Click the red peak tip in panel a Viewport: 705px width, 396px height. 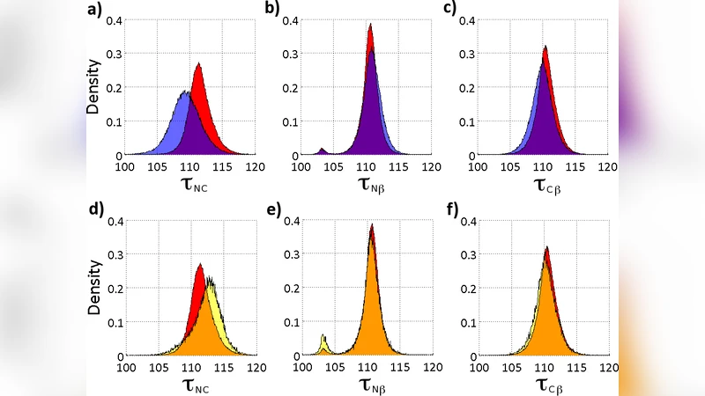click(x=199, y=63)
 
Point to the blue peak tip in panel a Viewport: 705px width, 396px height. click(x=186, y=91)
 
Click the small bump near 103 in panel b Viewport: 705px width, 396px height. click(x=322, y=149)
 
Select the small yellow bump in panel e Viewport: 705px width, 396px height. click(x=323, y=335)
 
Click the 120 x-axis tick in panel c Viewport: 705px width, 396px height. click(x=608, y=165)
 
